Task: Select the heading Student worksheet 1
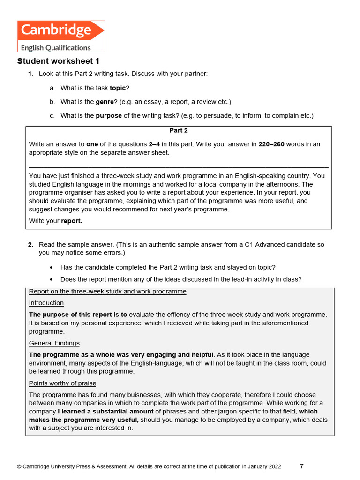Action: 58,61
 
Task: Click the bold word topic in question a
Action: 118,88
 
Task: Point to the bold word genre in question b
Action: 105,102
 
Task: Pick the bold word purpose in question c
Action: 109,115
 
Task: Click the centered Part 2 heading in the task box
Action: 179,131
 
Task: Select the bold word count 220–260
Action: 271,144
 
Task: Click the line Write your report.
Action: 55,221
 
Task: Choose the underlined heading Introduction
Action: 46,303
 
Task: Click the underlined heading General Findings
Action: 54,343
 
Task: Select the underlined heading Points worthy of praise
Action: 62,383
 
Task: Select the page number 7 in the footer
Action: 302,466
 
